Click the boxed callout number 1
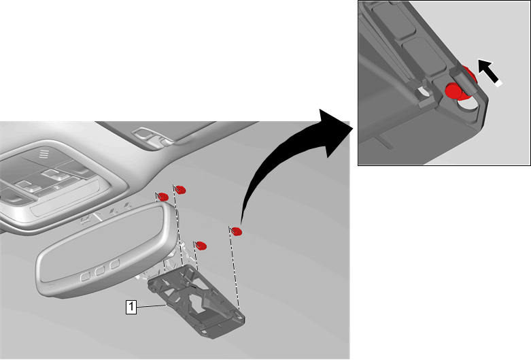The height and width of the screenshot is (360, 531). (131, 307)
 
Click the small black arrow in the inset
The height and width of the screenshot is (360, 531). (490, 73)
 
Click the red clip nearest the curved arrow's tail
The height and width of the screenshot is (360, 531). (237, 231)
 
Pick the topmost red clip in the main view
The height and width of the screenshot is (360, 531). (181, 190)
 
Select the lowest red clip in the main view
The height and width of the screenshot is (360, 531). (202, 246)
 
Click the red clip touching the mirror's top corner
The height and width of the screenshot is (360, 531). (164, 197)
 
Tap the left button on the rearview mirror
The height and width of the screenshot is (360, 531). (86, 277)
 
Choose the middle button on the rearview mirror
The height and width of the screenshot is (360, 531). (100, 270)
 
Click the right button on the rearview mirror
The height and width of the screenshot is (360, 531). (115, 264)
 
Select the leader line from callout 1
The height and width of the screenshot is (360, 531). (152, 306)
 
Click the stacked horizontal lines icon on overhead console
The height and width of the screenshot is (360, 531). (44, 154)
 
